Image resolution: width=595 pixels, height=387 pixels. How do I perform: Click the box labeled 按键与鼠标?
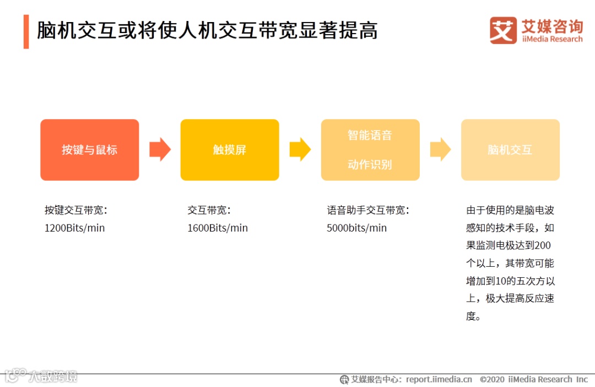[89, 149]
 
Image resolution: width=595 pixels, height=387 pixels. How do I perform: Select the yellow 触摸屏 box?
[229, 149]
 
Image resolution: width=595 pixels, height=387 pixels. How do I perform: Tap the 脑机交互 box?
[510, 149]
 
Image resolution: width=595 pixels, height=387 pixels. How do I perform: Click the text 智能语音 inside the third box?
[370, 135]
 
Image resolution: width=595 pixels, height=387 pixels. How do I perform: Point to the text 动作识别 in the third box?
[370, 164]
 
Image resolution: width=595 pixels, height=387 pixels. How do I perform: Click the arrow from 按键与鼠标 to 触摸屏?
[160, 149]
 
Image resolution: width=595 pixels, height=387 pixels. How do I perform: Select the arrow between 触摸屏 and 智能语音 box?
[300, 149]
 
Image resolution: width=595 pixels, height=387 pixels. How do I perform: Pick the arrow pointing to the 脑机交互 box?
[440, 149]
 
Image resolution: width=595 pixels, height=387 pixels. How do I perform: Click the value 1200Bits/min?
[74, 228]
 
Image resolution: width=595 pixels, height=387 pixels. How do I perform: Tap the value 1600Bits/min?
[217, 228]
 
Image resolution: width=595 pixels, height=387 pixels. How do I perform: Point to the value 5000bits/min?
[356, 228]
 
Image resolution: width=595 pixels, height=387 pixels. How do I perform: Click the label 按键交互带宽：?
[76, 210]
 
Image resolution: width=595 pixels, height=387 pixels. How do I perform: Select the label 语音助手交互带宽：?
[369, 210]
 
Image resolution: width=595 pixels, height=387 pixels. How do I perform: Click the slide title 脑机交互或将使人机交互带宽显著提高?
[207, 31]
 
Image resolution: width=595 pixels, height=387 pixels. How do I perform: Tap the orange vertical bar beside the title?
[26, 31]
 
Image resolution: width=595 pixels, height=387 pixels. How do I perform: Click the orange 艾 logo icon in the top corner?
[502, 30]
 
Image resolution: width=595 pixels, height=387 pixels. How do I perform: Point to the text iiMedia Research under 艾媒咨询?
[551, 39]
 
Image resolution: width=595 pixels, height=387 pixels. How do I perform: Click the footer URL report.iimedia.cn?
[439, 379]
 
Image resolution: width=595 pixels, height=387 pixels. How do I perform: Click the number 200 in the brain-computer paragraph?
[542, 245]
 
